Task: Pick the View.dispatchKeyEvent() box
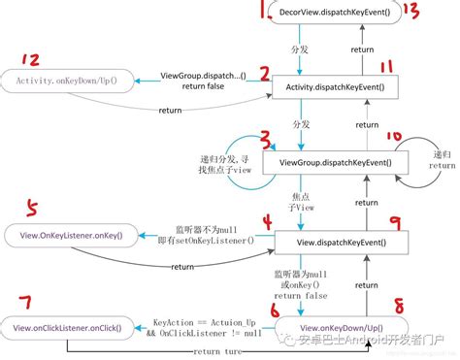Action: (x=336, y=241)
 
